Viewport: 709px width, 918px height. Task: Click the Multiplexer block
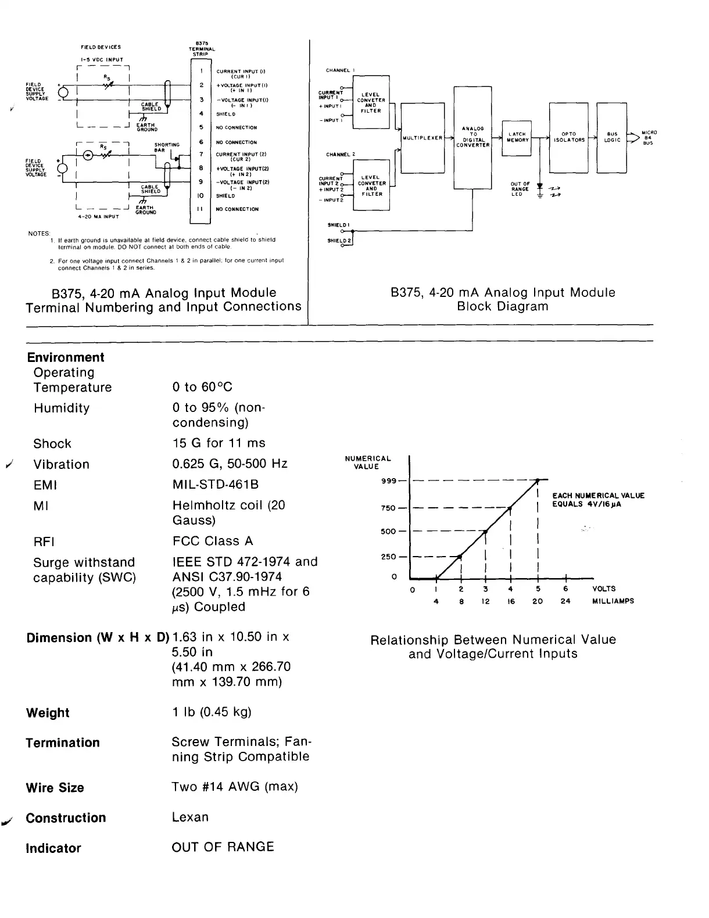click(x=422, y=138)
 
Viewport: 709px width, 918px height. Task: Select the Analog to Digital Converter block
click(x=472, y=137)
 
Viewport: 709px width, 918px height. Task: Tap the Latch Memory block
click(x=517, y=137)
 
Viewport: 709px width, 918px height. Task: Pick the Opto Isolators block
click(x=568, y=137)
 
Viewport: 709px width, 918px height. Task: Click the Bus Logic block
click(x=612, y=137)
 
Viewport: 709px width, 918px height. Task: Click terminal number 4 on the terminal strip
click(x=201, y=114)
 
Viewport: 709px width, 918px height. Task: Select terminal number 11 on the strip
click(x=200, y=209)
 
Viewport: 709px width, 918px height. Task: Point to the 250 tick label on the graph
click(x=388, y=557)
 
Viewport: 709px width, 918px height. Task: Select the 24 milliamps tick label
click(x=565, y=601)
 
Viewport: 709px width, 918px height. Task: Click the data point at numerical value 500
click(x=486, y=531)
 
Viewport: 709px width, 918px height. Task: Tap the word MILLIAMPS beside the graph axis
click(x=613, y=601)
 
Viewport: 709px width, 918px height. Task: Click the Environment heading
click(x=66, y=357)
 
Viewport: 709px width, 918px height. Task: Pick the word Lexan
click(x=190, y=817)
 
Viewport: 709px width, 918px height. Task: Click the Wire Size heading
click(x=55, y=788)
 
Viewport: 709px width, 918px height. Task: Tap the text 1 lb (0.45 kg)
click(x=212, y=712)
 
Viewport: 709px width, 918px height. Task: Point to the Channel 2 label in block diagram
click(x=341, y=155)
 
